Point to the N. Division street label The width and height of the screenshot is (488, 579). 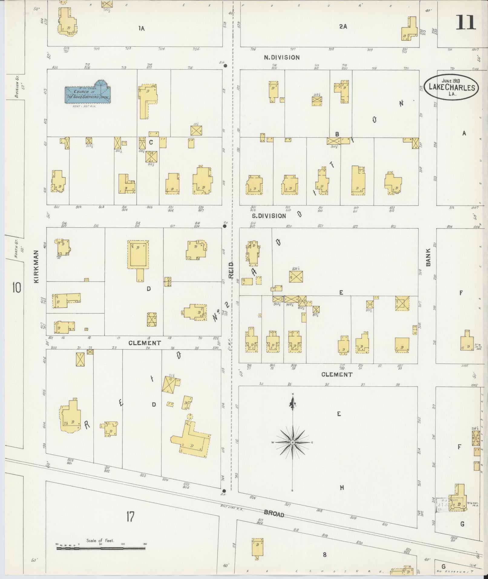[x=282, y=57]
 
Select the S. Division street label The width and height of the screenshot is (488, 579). [x=269, y=216]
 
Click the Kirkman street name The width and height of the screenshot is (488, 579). [x=37, y=266]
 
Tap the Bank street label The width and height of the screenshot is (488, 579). [x=428, y=259]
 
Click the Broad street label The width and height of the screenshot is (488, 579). [x=274, y=514]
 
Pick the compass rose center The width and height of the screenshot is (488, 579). [x=293, y=442]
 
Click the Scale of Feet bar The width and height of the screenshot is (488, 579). [x=101, y=548]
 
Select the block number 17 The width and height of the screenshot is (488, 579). [x=130, y=517]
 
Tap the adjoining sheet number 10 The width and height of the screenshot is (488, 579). [x=17, y=288]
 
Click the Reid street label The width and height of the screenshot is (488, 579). [x=231, y=270]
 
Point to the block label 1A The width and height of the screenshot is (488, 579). [x=141, y=28]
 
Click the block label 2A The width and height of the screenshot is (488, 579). [x=343, y=27]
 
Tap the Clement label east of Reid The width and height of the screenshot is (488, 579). [x=337, y=374]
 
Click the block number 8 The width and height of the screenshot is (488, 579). [x=324, y=554]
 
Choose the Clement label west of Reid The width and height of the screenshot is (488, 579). [x=145, y=343]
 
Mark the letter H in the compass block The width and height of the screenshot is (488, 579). [x=342, y=487]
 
